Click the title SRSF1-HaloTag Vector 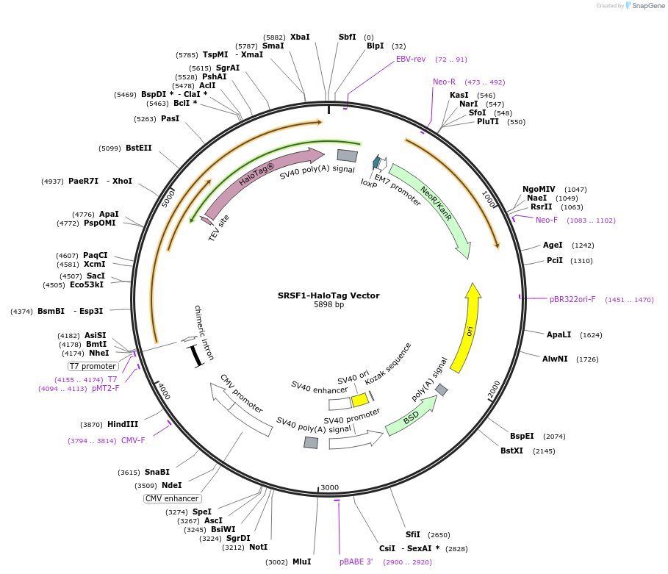point(328,295)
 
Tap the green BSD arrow point(411,417)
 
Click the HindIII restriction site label point(123,424)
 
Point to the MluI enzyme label point(301,562)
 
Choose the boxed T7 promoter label point(93,366)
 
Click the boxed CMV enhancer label point(172,498)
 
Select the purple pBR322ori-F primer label point(572,299)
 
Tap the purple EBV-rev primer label point(411,59)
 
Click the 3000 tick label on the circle point(330,487)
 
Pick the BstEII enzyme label point(138,148)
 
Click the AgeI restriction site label point(553,245)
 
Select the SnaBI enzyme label point(157,472)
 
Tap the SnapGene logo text point(648,6)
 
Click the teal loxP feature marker point(376,162)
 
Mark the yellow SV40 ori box point(359,400)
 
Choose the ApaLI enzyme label point(559,334)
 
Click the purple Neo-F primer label point(547,220)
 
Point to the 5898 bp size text point(328,304)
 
